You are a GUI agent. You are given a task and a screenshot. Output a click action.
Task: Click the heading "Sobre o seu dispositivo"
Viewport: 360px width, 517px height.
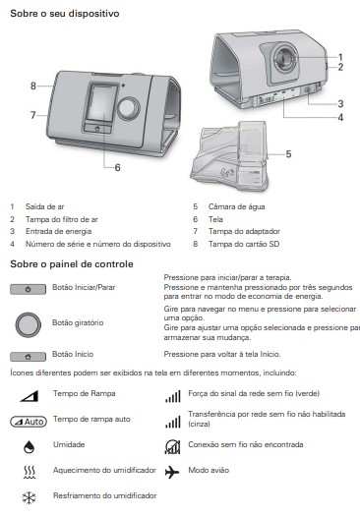(x=65, y=14)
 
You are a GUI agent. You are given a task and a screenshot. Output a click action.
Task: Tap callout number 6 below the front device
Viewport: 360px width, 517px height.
(x=117, y=168)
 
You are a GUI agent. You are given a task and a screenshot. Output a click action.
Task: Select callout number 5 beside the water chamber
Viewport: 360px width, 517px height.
(x=288, y=154)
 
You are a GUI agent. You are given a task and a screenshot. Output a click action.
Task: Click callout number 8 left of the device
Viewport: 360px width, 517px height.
(x=33, y=86)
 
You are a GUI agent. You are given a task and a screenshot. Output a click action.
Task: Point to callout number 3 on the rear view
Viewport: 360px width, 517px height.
(x=340, y=104)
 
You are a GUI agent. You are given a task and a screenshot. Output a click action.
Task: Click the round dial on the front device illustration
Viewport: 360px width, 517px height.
(x=128, y=108)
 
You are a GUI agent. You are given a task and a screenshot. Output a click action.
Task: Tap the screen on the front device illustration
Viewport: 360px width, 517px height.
(x=101, y=102)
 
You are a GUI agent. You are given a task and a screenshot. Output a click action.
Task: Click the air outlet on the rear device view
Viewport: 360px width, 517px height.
(x=285, y=58)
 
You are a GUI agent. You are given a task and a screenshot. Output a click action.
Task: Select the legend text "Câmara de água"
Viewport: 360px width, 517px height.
(x=237, y=206)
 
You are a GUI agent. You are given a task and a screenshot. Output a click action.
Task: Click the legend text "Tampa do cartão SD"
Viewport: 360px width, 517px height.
(x=244, y=244)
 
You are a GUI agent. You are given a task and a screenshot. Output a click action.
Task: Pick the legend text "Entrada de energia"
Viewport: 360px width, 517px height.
(x=58, y=231)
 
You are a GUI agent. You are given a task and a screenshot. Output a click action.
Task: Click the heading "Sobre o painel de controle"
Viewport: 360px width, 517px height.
(x=72, y=264)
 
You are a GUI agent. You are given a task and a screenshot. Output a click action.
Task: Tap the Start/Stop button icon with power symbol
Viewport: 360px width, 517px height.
(x=29, y=289)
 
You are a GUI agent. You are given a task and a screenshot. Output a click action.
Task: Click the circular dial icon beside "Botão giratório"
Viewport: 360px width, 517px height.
(x=29, y=324)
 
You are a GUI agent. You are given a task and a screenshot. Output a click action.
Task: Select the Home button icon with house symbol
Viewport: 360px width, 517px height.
(x=29, y=357)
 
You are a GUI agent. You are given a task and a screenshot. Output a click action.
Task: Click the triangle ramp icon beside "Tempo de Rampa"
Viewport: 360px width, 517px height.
(x=30, y=396)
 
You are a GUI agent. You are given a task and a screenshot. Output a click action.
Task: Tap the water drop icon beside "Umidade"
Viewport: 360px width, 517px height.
(x=30, y=447)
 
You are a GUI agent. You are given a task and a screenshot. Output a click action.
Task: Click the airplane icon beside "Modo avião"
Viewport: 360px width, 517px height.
(x=172, y=472)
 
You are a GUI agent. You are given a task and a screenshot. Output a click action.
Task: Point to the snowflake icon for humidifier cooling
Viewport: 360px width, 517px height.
(x=30, y=498)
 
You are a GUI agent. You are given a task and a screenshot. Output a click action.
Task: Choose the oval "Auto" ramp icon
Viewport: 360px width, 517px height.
(x=29, y=422)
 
